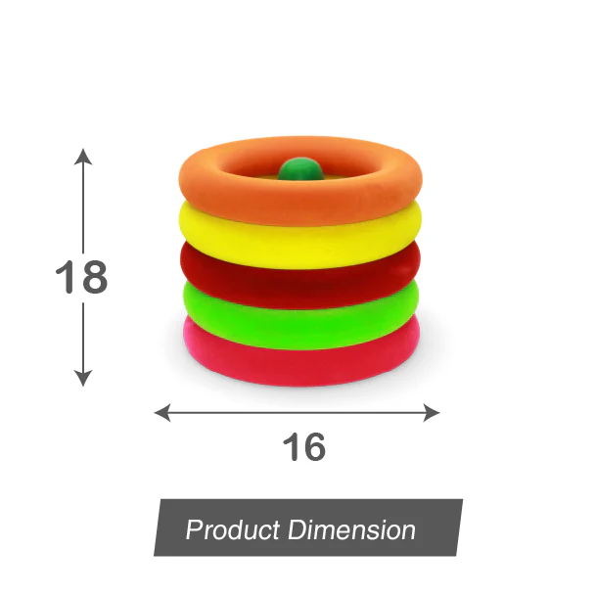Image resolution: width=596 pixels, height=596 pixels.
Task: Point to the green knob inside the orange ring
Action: (x=299, y=170)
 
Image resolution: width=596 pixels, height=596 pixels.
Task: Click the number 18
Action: (x=81, y=278)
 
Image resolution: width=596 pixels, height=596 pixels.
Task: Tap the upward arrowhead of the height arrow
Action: (x=83, y=156)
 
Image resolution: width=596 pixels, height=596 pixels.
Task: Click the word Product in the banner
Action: (x=232, y=531)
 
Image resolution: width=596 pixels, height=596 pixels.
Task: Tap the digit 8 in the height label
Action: (x=93, y=278)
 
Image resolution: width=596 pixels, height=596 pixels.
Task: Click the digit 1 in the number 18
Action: (x=65, y=278)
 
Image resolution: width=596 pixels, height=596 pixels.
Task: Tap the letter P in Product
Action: (x=194, y=531)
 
